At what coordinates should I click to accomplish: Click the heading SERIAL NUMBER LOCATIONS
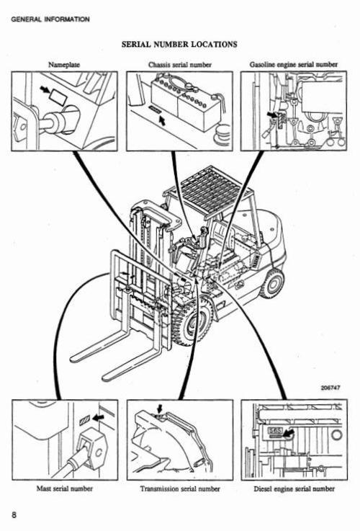pyautogui.click(x=179, y=45)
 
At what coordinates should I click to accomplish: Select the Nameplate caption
pyautogui.click(x=64, y=64)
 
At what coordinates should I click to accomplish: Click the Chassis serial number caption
pyautogui.click(x=179, y=64)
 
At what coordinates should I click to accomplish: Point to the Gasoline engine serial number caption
pyautogui.click(x=294, y=64)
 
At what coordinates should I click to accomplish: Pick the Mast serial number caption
pyautogui.click(x=64, y=489)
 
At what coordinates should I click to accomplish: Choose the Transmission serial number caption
pyautogui.click(x=179, y=489)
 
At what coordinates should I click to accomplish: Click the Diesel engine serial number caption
pyautogui.click(x=294, y=489)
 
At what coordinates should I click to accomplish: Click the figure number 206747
pyautogui.click(x=330, y=388)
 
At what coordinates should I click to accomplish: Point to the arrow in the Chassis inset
pyautogui.click(x=161, y=120)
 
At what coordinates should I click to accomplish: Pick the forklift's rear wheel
pyautogui.click(x=273, y=283)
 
